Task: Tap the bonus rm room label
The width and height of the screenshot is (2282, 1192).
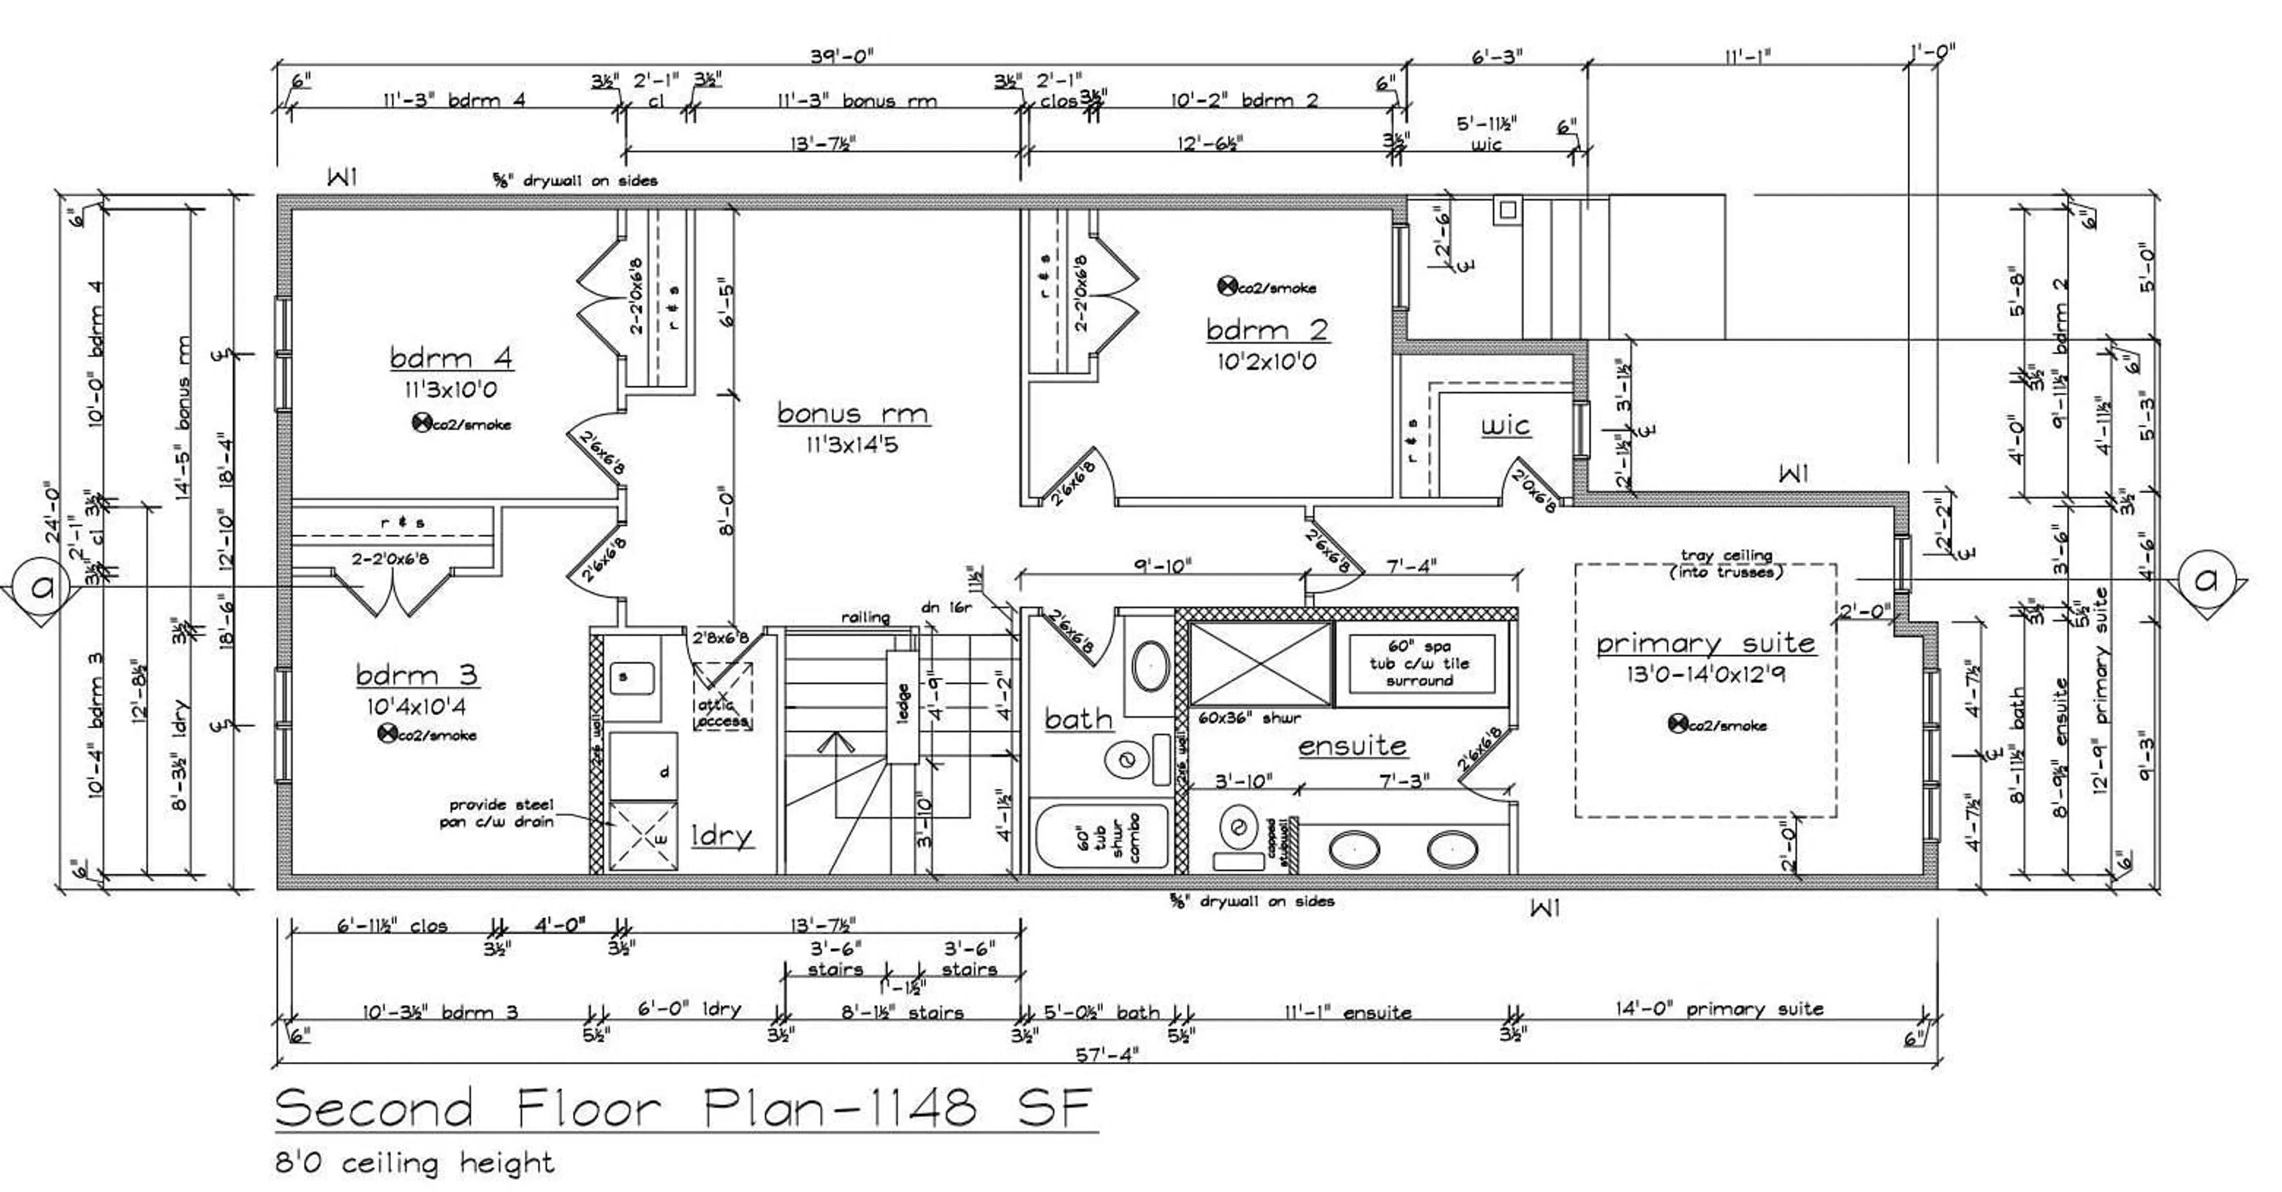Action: point(852,413)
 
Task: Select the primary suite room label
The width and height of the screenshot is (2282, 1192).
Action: point(1706,643)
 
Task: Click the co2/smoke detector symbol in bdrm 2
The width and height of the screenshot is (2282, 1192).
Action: point(1227,286)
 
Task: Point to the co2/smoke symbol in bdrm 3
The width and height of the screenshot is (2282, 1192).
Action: point(386,733)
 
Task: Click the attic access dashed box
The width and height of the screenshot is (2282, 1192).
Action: point(722,696)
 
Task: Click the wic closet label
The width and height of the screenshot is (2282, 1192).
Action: point(1505,426)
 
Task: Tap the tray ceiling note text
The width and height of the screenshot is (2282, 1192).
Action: point(1726,563)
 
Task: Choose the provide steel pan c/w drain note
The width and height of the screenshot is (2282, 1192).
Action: point(498,813)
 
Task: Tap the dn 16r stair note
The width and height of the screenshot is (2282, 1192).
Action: point(947,608)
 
